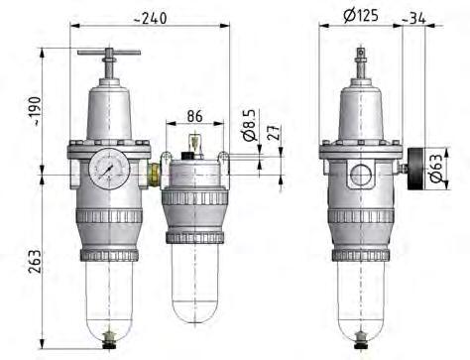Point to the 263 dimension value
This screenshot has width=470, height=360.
point(35,262)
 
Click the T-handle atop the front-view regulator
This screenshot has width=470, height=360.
point(108,56)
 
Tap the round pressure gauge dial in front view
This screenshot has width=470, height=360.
point(104,171)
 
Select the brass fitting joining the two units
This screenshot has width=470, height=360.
point(153,175)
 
